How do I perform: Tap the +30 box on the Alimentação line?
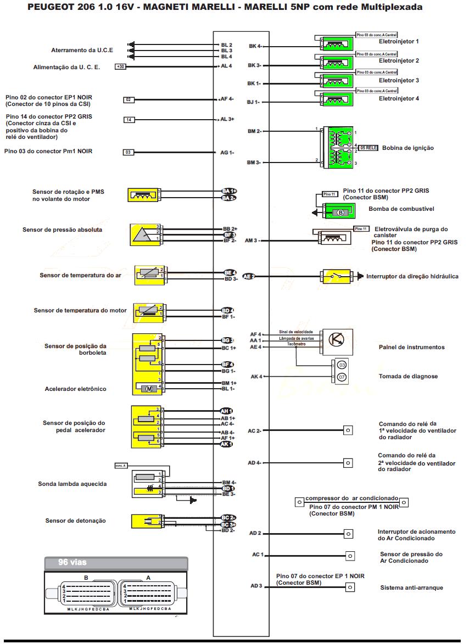coord(120,66)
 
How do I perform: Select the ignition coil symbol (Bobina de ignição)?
coord(337,147)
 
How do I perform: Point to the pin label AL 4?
coord(226,66)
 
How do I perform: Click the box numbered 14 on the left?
coord(128,120)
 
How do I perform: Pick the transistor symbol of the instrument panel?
coord(337,340)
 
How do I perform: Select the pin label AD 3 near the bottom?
coord(256,586)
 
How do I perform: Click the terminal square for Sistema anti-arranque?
coord(349,587)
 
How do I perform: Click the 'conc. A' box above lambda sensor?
coord(121,466)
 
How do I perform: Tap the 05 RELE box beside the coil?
coord(368,148)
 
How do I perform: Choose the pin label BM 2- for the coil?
coord(255,131)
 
